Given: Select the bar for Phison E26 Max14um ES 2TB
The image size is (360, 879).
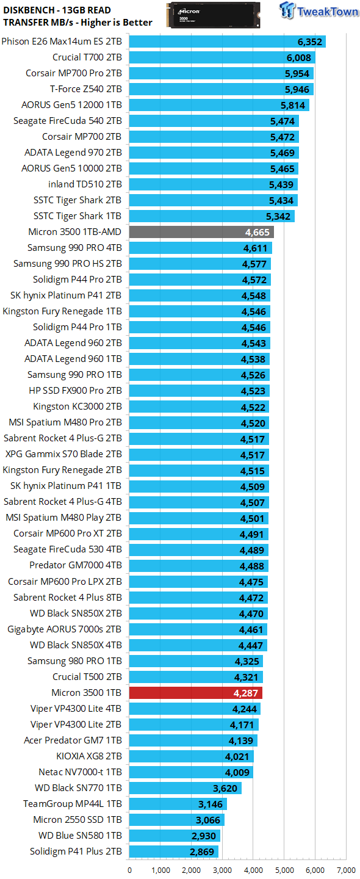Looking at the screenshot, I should (x=227, y=42).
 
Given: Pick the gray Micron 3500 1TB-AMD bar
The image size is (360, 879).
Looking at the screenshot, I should (x=201, y=232).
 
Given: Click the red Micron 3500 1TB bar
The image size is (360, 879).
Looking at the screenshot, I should (x=195, y=693).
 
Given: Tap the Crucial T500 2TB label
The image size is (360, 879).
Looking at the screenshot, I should (x=87, y=677).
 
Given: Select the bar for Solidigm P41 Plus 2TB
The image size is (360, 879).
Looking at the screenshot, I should (x=173, y=852).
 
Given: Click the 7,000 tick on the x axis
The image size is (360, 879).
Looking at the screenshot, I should (x=346, y=870).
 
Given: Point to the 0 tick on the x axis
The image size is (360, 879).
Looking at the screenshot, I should (x=129, y=870).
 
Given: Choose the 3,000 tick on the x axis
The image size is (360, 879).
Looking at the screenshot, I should (x=222, y=870).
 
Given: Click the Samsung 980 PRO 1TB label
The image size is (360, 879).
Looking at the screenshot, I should (x=74, y=661).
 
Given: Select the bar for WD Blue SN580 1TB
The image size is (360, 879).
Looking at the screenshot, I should (x=175, y=836).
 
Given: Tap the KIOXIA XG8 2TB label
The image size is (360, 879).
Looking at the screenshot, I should (x=89, y=756).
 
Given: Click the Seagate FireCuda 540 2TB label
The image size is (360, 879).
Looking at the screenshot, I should (x=68, y=121).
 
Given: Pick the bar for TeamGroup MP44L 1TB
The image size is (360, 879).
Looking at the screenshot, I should (x=178, y=804).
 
